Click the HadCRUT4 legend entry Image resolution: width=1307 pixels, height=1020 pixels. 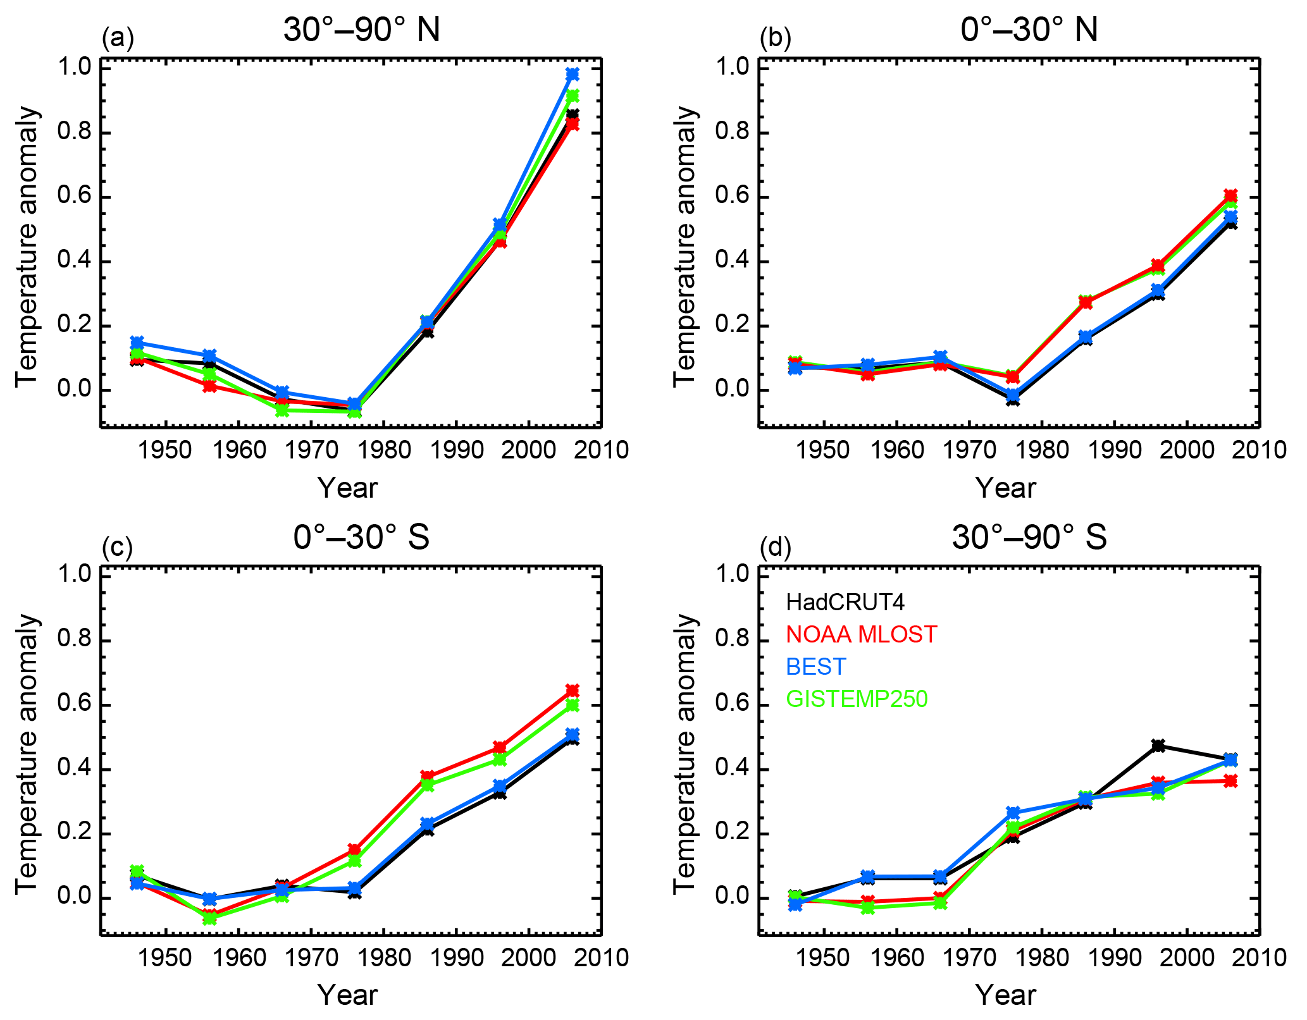pos(845,603)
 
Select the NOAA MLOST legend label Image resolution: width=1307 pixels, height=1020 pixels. pos(861,634)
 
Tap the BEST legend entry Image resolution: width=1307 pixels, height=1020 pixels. pos(816,667)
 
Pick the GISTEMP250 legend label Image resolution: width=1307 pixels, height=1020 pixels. pos(857,699)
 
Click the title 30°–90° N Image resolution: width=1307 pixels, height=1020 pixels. pos(361,30)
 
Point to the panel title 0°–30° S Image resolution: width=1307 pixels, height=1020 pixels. pos(361,538)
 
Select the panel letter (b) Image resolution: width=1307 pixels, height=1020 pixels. pos(775,39)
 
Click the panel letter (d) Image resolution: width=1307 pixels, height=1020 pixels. pos(775,547)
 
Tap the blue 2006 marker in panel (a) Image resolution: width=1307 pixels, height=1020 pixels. pos(573,75)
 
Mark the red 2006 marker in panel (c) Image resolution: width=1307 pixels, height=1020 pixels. pos(573,690)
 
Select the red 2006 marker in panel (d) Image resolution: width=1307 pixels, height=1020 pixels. pos(1230,781)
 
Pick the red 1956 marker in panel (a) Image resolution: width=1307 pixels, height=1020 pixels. pos(210,386)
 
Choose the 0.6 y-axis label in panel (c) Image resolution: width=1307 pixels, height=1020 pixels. pos(75,704)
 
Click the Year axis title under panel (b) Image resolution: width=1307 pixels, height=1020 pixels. pos(1005,488)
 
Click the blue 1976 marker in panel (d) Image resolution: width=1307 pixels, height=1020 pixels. pos(1013,813)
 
